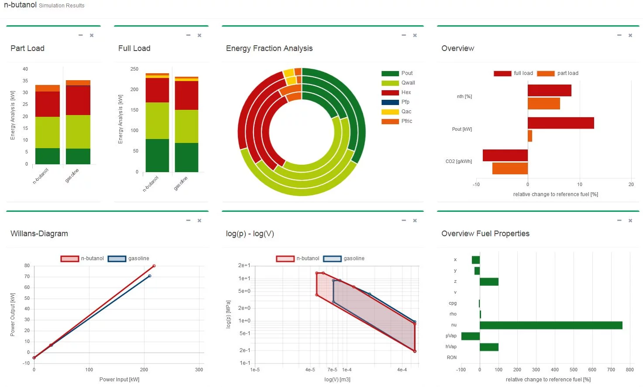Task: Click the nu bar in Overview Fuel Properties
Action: click(551, 325)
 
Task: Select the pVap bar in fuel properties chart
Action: click(471, 336)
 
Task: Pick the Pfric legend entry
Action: click(397, 121)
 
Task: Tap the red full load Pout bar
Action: click(560, 123)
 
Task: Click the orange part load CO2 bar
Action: click(510, 168)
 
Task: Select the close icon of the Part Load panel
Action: click(92, 35)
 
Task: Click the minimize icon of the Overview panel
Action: click(619, 35)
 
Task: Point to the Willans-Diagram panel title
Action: click(39, 234)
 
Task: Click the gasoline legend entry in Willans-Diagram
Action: click(129, 258)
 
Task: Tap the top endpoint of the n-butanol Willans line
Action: click(154, 266)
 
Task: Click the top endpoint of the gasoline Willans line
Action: click(149, 276)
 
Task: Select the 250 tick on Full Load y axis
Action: click(134, 69)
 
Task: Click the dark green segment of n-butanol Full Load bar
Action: click(157, 156)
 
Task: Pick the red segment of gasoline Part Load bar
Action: click(78, 101)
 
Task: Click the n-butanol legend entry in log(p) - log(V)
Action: click(298, 258)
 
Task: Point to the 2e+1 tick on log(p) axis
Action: click(244, 265)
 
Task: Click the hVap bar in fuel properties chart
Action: click(489, 347)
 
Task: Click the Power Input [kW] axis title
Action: click(119, 380)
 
